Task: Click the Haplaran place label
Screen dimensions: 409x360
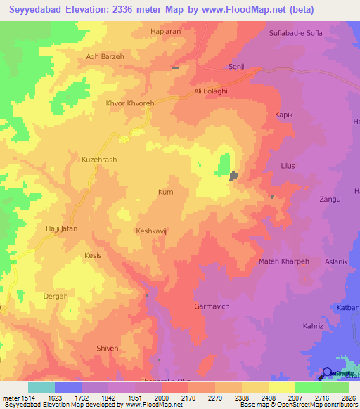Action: pyautogui.click(x=167, y=32)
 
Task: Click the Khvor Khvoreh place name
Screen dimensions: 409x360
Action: pyautogui.click(x=129, y=103)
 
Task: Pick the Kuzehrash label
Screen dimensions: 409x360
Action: pyautogui.click(x=99, y=160)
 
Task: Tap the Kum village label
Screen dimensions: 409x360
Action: pyautogui.click(x=165, y=192)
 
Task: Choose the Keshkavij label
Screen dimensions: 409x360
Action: pyautogui.click(x=154, y=231)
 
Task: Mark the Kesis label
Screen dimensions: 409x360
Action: pyautogui.click(x=93, y=255)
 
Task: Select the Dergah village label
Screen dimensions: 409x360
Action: pyautogui.click(x=56, y=296)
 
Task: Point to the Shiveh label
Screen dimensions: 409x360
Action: pyautogui.click(x=108, y=348)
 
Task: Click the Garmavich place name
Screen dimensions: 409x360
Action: pyautogui.click(x=212, y=306)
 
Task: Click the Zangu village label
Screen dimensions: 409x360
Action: pyautogui.click(x=330, y=200)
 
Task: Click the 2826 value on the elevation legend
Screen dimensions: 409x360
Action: pyautogui.click(x=347, y=398)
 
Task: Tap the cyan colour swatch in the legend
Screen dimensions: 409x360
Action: pyautogui.click(x=41, y=387)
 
